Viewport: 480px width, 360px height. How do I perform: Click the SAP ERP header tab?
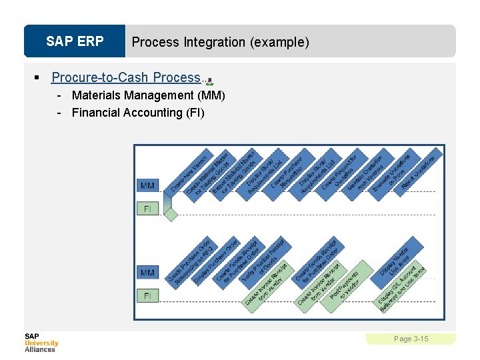tap(75, 41)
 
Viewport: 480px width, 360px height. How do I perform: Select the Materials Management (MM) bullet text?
tap(148, 95)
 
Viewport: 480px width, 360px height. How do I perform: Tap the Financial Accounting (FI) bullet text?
tap(138, 113)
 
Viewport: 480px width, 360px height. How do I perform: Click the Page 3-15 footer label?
tap(411, 339)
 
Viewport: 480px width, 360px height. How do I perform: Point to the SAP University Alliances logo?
tap(41, 343)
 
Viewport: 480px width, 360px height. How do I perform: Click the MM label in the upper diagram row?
tap(148, 185)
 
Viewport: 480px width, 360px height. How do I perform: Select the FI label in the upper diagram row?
tap(148, 209)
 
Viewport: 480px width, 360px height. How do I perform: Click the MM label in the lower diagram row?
tap(148, 271)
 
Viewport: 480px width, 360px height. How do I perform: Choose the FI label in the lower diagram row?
tap(148, 295)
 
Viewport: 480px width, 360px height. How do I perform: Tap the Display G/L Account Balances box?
tap(401, 288)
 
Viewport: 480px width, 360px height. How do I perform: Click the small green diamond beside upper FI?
tap(171, 214)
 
